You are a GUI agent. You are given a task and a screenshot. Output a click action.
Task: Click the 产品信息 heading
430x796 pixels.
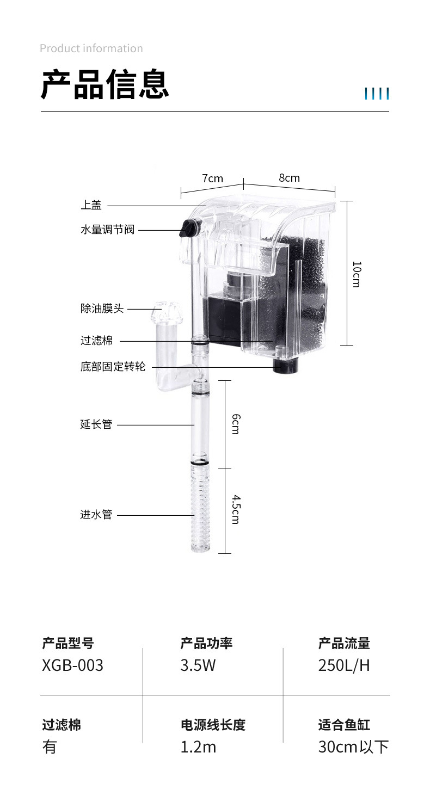point(105,84)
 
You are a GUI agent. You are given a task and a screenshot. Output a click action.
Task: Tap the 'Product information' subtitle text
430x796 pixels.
point(91,48)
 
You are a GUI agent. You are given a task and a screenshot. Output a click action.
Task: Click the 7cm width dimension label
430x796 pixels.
point(212,178)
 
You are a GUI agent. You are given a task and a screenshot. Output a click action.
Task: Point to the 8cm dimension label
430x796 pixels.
point(289,178)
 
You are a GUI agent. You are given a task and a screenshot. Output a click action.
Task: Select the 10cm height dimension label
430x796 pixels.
point(357,274)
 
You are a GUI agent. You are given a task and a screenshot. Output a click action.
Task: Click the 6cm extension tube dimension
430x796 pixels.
point(236,424)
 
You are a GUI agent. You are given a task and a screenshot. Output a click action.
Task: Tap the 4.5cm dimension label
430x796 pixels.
point(236,510)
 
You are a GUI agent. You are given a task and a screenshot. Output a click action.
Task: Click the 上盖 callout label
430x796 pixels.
point(91,205)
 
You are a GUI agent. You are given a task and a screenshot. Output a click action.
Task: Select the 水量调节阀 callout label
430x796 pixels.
point(108,230)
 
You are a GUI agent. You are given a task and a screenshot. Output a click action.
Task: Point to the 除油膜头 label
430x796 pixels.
point(102,308)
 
